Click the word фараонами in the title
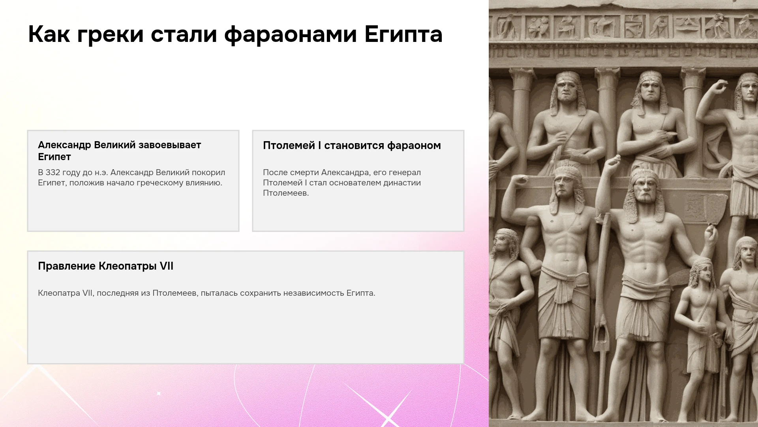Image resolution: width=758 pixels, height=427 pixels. pos(291,35)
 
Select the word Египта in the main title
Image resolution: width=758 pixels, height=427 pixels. pos(403,35)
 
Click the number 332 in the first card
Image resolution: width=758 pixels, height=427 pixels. pos(54,172)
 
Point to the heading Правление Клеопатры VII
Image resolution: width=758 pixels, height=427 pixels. pos(105,266)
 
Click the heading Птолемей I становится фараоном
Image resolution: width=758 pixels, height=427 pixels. pos(352,145)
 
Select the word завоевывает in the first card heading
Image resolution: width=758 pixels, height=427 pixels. pos(169,145)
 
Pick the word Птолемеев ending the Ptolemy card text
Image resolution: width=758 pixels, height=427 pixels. pos(286,193)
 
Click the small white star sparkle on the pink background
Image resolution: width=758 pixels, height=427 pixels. pos(159,393)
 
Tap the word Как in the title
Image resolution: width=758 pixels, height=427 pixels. pos(49,35)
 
